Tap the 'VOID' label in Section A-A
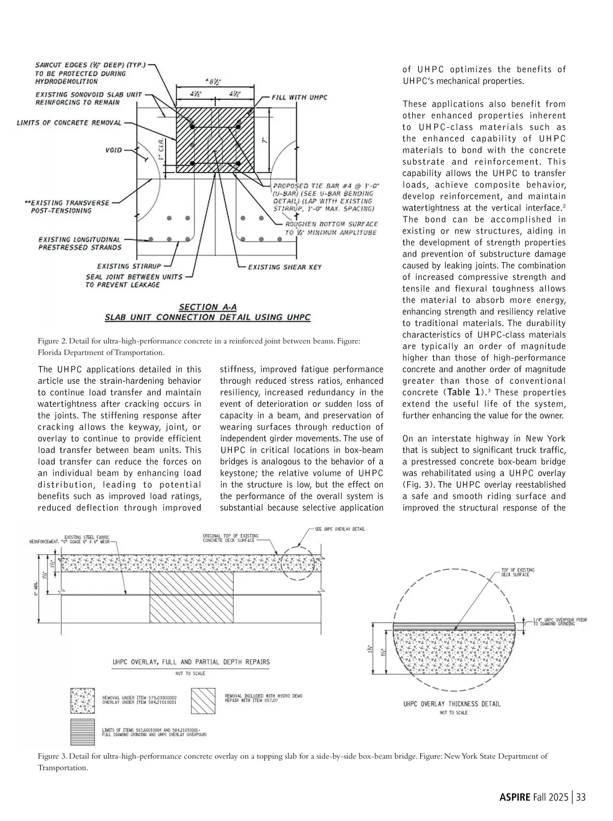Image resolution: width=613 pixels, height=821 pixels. (113, 150)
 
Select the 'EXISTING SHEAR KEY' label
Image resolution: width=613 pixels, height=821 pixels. (285, 267)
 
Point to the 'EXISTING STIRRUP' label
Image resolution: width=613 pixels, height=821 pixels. (129, 266)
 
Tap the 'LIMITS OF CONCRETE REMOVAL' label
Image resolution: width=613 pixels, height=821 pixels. (69, 123)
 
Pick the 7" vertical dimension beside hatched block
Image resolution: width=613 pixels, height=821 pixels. (265, 140)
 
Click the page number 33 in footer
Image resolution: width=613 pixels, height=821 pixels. (580, 797)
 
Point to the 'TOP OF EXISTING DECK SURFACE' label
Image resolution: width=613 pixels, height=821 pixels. (517, 572)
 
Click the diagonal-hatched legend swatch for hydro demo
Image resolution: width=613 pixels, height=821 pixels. (204, 700)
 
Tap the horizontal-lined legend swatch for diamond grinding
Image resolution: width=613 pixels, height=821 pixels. (82, 732)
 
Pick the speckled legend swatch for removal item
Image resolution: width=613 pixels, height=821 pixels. (82, 700)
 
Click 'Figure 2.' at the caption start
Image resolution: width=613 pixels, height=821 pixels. (52, 341)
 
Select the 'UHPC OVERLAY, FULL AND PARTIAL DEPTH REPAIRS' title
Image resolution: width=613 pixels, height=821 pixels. (191, 662)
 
